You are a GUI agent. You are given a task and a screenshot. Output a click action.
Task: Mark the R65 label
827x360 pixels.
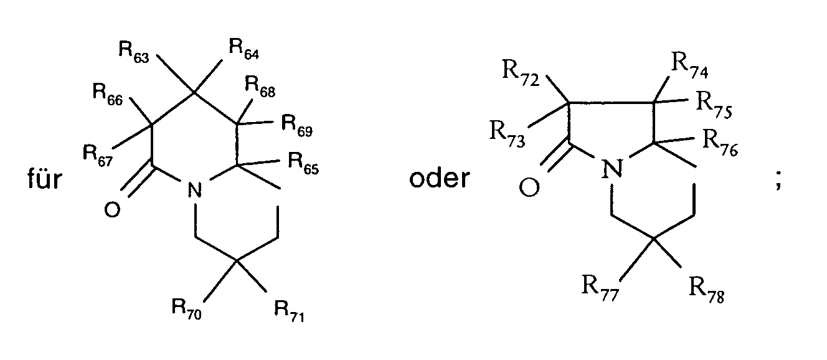click(x=304, y=165)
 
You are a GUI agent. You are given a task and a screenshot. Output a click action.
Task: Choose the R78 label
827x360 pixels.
click(x=706, y=288)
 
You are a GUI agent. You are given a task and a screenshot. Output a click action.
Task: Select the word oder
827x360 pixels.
click(x=440, y=179)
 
